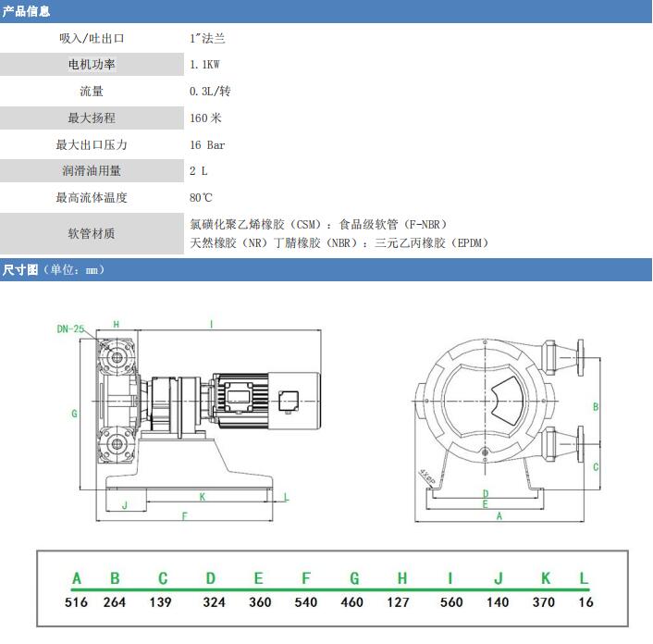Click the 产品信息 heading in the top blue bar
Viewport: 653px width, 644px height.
tap(26, 11)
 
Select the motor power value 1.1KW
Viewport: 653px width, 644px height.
tap(204, 65)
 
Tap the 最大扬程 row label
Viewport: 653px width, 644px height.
tap(92, 118)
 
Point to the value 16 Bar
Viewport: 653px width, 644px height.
tap(207, 145)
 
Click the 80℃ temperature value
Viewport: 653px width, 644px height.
tap(201, 197)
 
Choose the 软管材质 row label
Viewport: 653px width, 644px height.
tap(92, 233)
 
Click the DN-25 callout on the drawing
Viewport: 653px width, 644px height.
tap(70, 329)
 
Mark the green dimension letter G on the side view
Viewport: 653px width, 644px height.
tap(74, 414)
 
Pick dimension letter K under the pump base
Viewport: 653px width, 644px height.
tap(203, 497)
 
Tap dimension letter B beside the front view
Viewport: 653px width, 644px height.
tap(596, 407)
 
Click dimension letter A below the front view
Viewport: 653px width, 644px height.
tap(499, 516)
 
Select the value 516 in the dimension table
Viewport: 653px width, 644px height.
tap(76, 602)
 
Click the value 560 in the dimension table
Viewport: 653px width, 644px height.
tap(451, 602)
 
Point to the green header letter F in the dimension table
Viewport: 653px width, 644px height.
tap(306, 578)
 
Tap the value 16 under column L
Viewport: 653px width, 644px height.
tap(585, 602)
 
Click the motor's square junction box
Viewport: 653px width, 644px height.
tap(289, 402)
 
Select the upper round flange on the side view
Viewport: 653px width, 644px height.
tap(117, 358)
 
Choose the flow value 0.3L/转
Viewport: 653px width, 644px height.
tap(210, 92)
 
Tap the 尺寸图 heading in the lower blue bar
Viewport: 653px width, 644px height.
tap(20, 269)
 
